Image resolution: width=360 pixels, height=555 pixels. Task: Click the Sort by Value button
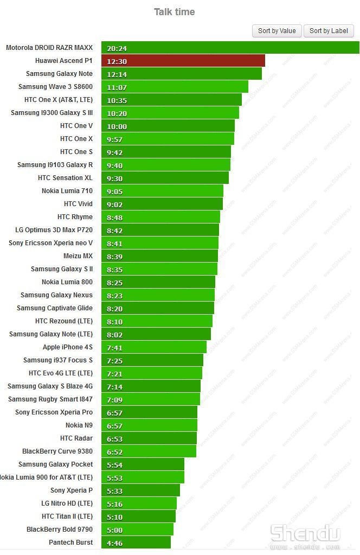coord(277,31)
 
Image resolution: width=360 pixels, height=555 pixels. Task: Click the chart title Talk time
coord(174,12)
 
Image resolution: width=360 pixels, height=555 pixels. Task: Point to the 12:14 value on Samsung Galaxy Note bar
coord(117,74)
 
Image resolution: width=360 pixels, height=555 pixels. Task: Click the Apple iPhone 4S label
coord(68,347)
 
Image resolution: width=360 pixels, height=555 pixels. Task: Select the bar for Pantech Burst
coord(136,543)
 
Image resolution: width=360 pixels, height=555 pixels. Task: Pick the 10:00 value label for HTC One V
coord(117,126)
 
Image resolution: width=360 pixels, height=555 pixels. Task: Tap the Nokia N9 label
coord(79,425)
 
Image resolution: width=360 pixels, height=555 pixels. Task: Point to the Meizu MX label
coord(78,256)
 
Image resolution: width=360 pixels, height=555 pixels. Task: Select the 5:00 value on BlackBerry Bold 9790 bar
coord(115,530)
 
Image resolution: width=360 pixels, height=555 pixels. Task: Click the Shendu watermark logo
coord(305,534)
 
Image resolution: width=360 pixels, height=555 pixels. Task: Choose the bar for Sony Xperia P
coord(140,490)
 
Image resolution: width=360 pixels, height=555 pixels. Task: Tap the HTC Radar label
coord(76,438)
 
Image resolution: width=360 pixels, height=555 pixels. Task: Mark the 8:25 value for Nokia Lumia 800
coord(115,283)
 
